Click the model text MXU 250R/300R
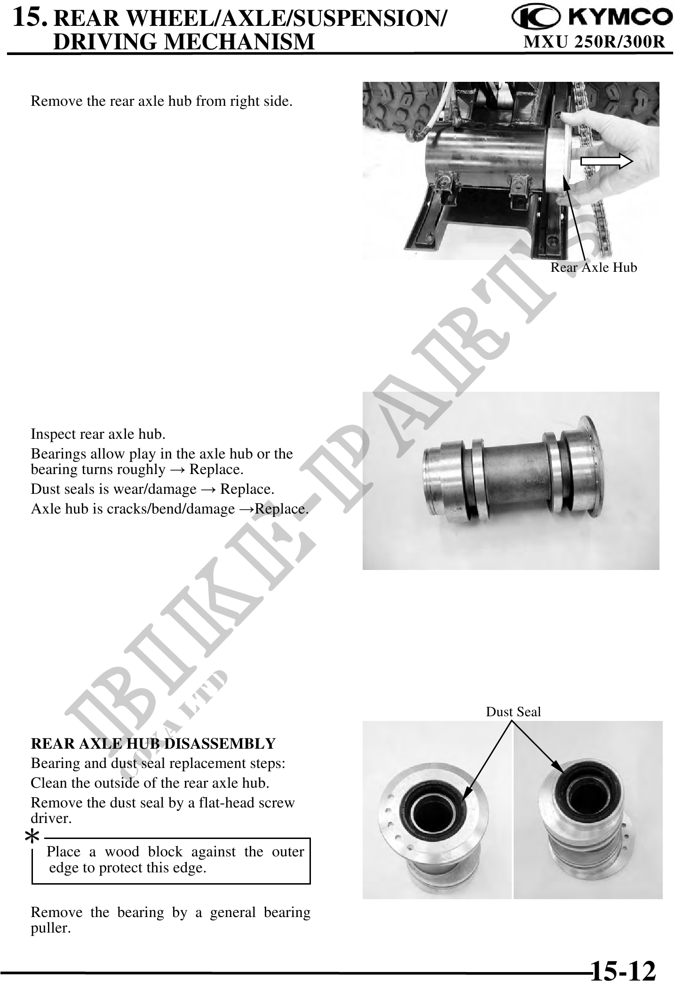tap(595, 42)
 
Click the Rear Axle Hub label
tap(594, 268)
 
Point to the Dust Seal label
tap(513, 712)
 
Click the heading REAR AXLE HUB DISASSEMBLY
tap(153, 744)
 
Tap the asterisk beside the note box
tap(32, 837)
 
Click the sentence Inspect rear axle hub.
tap(98, 434)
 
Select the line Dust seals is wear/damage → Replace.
tap(152, 489)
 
